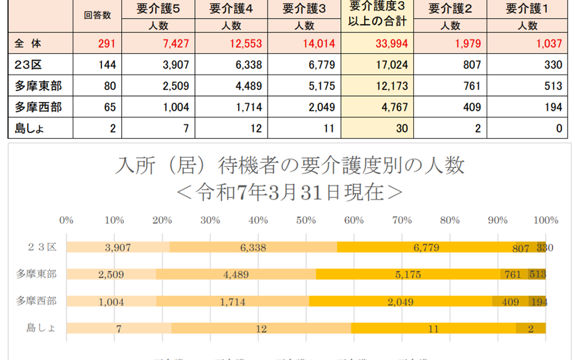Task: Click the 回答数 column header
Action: pos(97,16)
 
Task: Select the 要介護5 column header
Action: pos(158,8)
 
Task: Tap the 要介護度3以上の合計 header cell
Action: pos(377,14)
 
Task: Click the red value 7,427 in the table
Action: pos(176,44)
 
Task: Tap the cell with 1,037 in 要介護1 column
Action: pos(550,44)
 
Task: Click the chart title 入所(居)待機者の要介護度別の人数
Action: pos(290,166)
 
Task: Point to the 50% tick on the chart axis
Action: pos(306,220)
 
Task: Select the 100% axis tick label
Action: pos(545,220)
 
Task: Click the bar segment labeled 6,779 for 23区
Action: pos(426,247)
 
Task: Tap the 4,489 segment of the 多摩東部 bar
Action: pos(236,274)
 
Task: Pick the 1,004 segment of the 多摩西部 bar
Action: pos(111,301)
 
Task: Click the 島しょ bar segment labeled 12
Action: pos(261,328)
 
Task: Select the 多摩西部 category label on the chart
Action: pos(36,301)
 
